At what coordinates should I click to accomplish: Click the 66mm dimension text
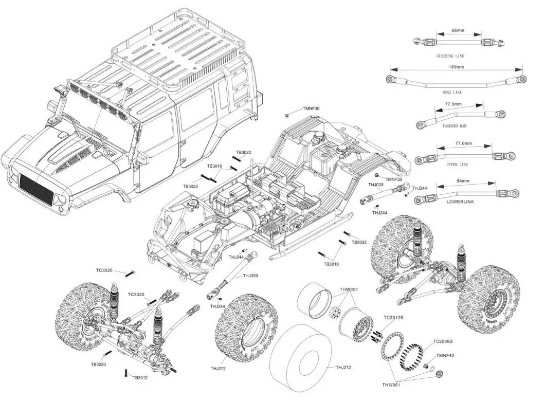point(458,31)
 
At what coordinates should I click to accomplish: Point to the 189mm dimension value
point(456,67)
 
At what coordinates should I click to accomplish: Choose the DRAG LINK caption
point(452,92)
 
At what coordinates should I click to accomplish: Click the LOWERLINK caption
point(460,202)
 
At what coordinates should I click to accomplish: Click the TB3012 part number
point(140,377)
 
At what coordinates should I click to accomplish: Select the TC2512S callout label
point(393,318)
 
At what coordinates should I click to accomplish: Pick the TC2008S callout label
point(443,341)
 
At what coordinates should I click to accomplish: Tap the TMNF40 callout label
point(445,355)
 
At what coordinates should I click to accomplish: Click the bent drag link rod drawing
point(455,80)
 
